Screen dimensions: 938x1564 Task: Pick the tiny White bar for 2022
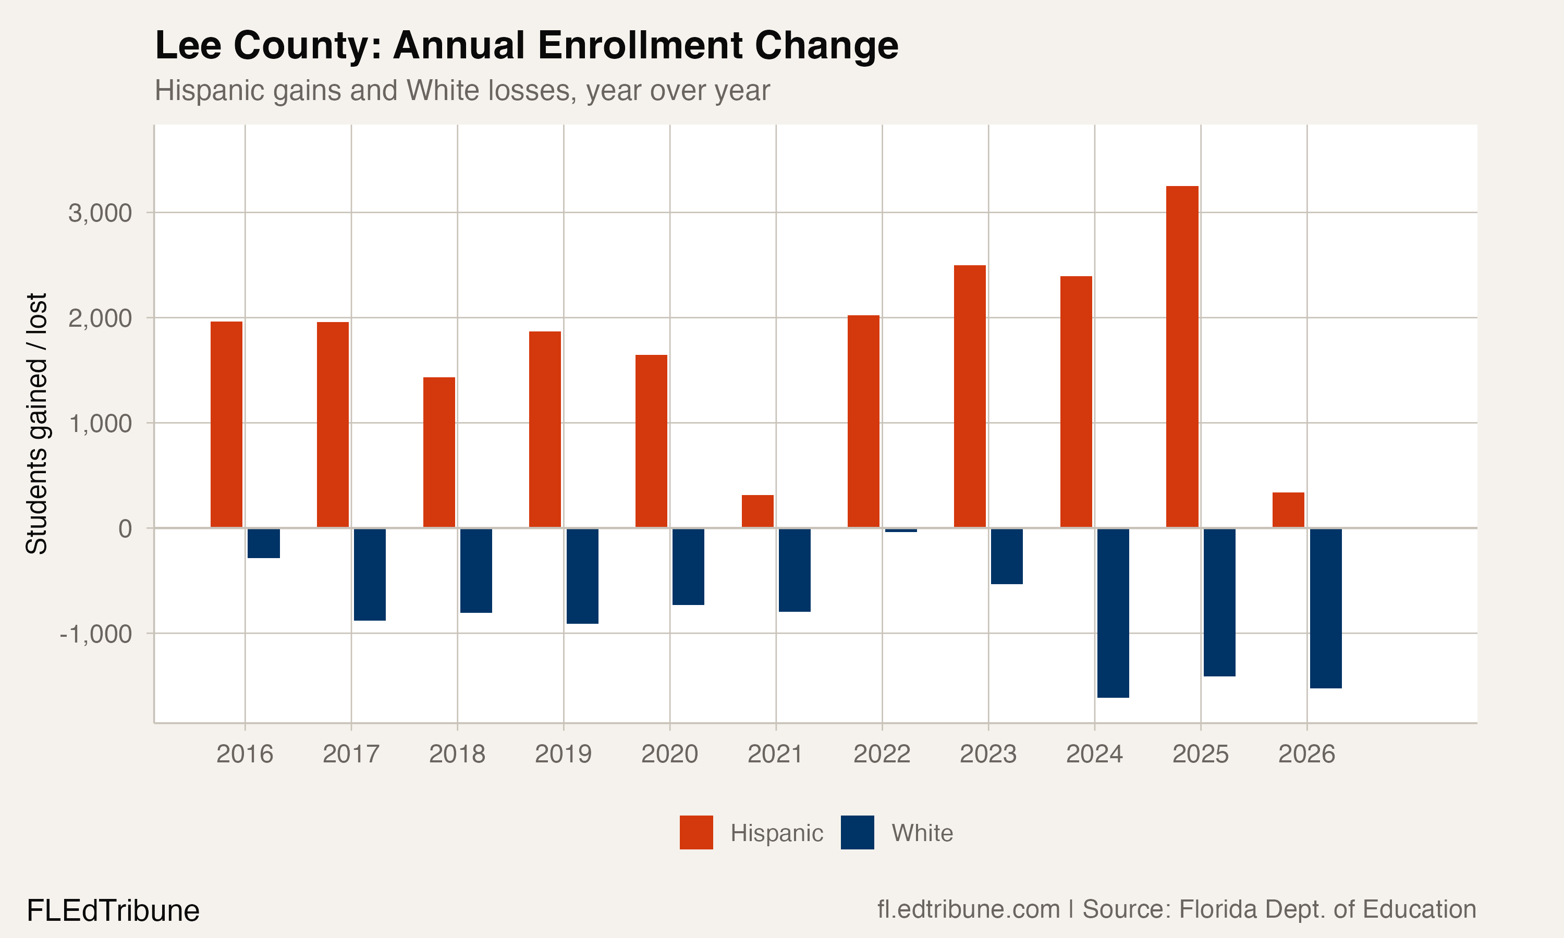901,530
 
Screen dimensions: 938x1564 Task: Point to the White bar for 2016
264,543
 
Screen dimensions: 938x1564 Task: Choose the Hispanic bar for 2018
439,452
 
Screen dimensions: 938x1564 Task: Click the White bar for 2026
1326,608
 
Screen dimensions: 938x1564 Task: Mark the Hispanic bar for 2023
969,397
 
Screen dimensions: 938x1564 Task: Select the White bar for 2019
582,576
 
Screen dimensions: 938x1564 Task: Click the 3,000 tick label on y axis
100,214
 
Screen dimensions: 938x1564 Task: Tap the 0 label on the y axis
125,528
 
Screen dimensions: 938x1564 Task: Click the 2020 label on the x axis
669,754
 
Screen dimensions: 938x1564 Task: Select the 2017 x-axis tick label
351,754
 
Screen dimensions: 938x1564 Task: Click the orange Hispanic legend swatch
696,832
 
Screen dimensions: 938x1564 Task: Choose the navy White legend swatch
857,832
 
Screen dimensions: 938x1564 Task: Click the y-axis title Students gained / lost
36,424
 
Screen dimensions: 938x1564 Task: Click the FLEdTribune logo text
113,911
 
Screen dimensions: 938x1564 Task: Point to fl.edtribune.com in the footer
968,909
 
